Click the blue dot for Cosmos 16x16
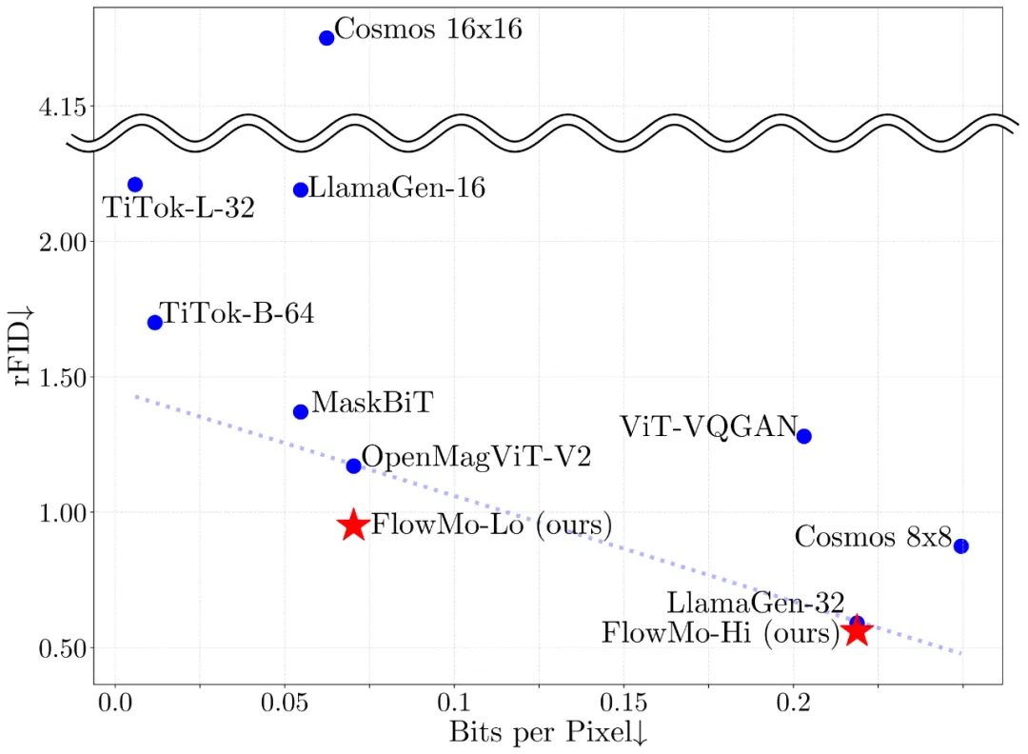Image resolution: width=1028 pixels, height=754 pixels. click(326, 37)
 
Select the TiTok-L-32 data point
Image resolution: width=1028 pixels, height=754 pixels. click(135, 185)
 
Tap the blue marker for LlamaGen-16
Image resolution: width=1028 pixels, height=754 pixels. click(301, 189)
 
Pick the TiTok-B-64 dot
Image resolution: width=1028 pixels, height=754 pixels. click(155, 322)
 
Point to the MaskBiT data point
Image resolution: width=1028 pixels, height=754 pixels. click(301, 411)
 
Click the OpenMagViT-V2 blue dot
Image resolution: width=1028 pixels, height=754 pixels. click(354, 466)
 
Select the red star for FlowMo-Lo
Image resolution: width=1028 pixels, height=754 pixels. click(354, 525)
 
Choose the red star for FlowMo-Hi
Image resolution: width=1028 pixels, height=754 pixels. click(857, 630)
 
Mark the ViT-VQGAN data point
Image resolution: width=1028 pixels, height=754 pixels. click(804, 436)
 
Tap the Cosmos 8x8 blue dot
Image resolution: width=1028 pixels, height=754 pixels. click(961, 546)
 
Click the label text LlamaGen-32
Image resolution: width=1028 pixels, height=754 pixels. click(756, 603)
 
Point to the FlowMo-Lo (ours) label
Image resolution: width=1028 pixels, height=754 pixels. click(491, 525)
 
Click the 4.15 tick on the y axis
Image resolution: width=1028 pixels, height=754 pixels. click(62, 108)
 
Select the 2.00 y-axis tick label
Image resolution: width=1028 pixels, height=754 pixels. click(62, 243)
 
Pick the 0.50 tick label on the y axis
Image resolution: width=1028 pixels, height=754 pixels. click(62, 648)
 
